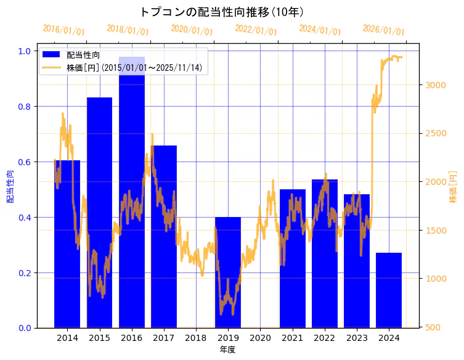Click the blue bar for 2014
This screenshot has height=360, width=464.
click(x=67, y=247)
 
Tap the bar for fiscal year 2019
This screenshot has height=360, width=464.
click(x=228, y=271)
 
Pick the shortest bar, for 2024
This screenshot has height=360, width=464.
click(x=389, y=290)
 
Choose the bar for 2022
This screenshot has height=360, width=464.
click(x=325, y=253)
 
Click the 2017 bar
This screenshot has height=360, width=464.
click(x=164, y=240)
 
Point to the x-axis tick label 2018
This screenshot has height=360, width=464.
click(x=196, y=338)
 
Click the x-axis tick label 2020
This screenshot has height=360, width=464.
click(x=260, y=338)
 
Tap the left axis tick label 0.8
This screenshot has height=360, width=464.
click(x=24, y=107)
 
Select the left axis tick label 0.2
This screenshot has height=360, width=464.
click(x=24, y=272)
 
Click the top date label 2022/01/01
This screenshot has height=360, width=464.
click(x=256, y=30)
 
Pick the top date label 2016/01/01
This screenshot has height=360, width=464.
click(x=63, y=30)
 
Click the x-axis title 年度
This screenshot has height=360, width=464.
click(x=227, y=350)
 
